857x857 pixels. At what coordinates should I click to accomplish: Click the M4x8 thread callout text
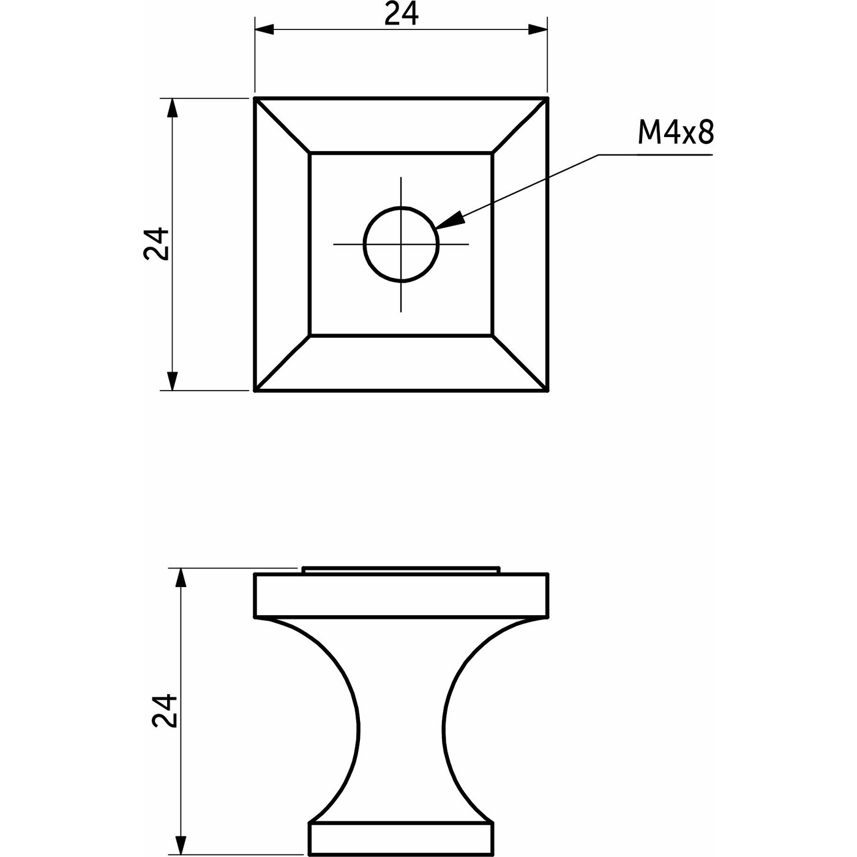pyautogui.click(x=675, y=132)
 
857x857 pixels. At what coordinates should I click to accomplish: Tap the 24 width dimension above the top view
pyautogui.click(x=402, y=13)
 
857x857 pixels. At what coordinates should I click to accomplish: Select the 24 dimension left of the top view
pyautogui.click(x=156, y=244)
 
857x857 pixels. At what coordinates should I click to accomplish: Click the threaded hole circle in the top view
pyautogui.click(x=402, y=244)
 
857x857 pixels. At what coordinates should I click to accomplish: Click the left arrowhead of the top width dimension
pyautogui.click(x=264, y=29)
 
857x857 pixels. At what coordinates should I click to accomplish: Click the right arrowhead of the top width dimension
pyautogui.click(x=537, y=29)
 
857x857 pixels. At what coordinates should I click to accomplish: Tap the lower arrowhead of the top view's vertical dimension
pyautogui.click(x=173, y=381)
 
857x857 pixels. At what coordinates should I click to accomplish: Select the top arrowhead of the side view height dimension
pyautogui.click(x=180, y=577)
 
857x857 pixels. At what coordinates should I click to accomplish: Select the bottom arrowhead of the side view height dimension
pyautogui.click(x=180, y=846)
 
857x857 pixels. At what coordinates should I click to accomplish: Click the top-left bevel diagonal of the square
pyautogui.click(x=282, y=125)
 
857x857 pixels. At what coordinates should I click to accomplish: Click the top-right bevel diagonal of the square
pyautogui.click(x=520, y=125)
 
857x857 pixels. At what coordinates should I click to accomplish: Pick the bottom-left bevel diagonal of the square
pyautogui.click(x=282, y=362)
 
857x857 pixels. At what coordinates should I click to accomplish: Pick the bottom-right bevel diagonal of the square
pyautogui.click(x=520, y=362)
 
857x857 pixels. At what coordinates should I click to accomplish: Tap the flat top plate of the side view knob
pyautogui.click(x=401, y=595)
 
